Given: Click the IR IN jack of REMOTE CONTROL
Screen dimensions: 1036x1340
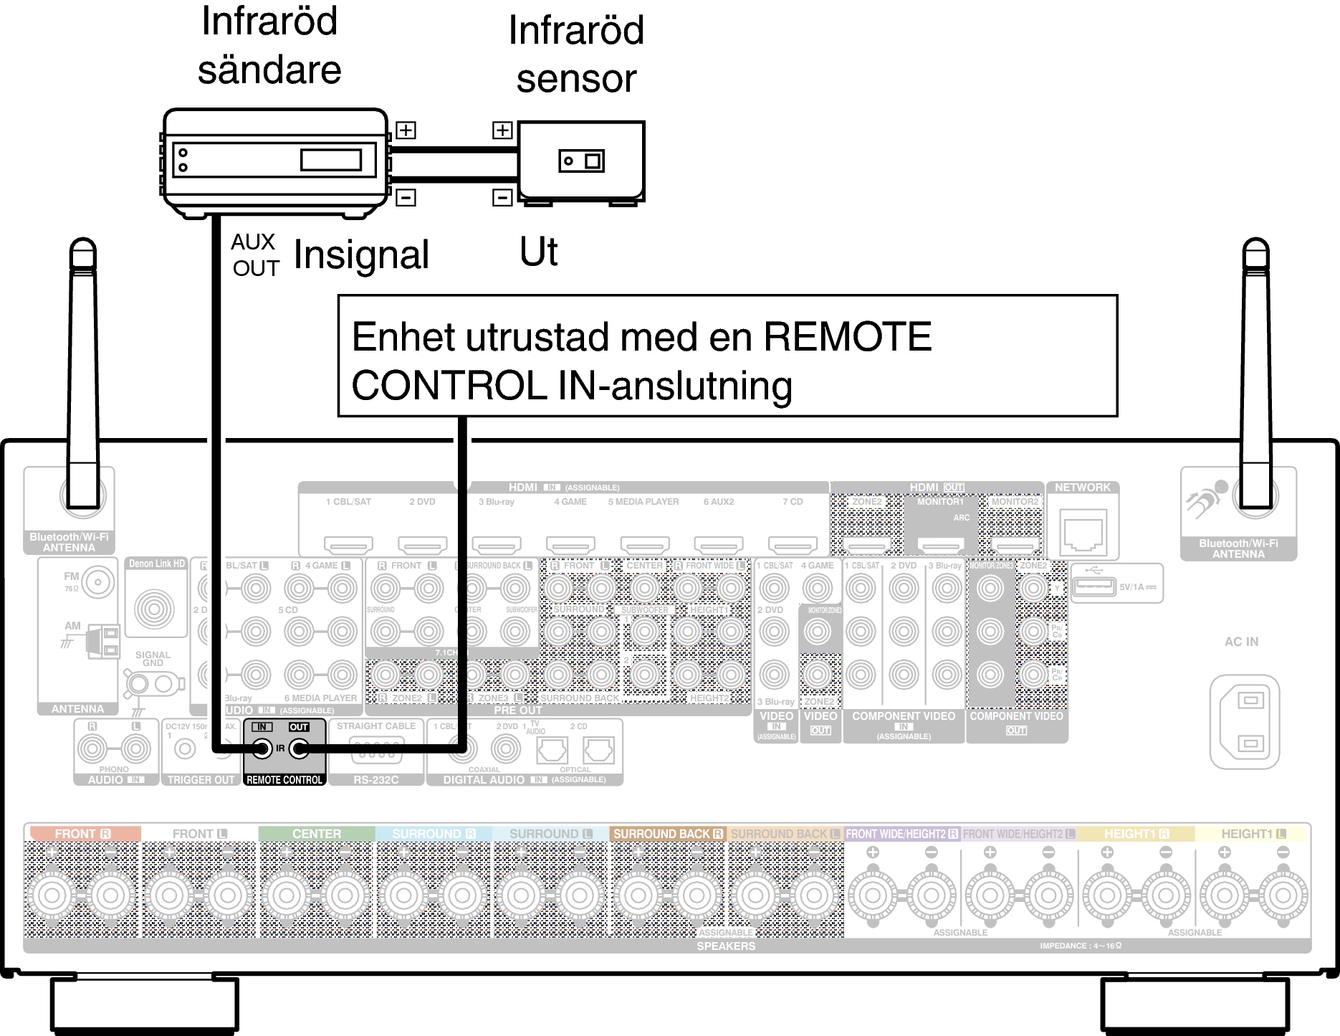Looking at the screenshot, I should pyautogui.click(x=262, y=749).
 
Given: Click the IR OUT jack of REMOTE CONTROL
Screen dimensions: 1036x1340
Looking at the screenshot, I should pyautogui.click(x=299, y=749).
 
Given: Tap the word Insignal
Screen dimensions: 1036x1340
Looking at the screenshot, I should pyautogui.click(x=361, y=255).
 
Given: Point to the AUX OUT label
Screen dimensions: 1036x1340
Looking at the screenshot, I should pyautogui.click(x=254, y=255).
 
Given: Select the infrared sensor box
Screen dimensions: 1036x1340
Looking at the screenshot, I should pyautogui.click(x=581, y=161).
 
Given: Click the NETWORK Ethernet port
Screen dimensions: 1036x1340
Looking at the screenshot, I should pyautogui.click(x=1082, y=531).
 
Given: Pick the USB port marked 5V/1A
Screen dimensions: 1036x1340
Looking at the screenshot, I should pyautogui.click(x=1093, y=586).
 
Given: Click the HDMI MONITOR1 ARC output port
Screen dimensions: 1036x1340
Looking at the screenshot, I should pyautogui.click(x=941, y=546).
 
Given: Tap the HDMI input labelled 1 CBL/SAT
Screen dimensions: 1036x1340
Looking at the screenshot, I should pyautogui.click(x=348, y=546).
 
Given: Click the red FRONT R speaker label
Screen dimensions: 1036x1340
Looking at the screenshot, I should pyautogui.click(x=82, y=834).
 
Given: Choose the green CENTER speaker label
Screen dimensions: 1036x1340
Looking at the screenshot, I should pyautogui.click(x=316, y=834).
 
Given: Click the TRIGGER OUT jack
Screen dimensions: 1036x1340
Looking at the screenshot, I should pyautogui.click(x=186, y=750).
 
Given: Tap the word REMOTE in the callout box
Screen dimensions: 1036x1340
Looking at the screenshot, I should pyautogui.click(x=847, y=337).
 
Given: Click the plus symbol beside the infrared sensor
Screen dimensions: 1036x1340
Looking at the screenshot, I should pyautogui.click(x=502, y=130).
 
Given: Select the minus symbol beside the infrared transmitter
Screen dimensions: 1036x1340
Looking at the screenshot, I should pyautogui.click(x=406, y=197).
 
